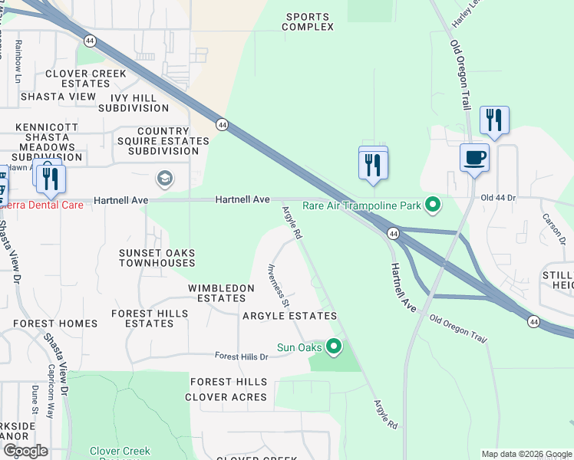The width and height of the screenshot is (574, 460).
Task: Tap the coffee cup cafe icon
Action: pos(473,158)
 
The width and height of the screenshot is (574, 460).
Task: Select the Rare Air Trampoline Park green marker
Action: pos(434,205)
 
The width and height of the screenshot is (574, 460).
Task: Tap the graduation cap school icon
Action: pos(164,179)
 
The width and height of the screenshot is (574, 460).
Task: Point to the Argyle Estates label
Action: pos(289,316)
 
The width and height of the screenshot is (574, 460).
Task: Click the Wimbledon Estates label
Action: pos(221,293)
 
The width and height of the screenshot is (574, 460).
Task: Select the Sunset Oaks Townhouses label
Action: pos(157,258)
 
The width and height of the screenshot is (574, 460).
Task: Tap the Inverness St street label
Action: pos(278,286)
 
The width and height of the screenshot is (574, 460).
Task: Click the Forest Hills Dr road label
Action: pos(241,356)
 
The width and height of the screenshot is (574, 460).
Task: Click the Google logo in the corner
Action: pos(25,450)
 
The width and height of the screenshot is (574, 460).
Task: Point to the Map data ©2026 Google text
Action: pos(526,454)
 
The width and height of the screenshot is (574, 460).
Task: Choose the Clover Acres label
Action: pos(226,397)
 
